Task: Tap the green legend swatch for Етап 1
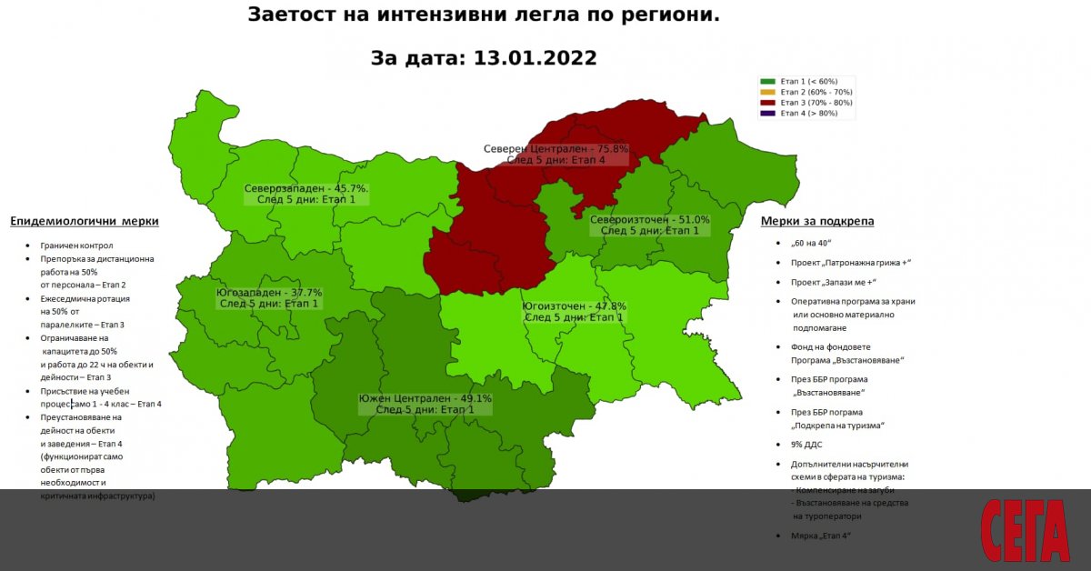click(x=768, y=82)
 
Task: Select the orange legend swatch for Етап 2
click(x=768, y=92)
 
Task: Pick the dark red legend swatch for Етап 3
click(x=768, y=103)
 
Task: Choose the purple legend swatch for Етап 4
click(x=768, y=113)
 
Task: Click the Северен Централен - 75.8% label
click(x=556, y=148)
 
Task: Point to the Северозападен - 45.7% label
click(x=305, y=189)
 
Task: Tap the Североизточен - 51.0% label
click(x=649, y=220)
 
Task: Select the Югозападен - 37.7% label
click(x=269, y=293)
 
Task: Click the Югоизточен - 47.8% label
click(x=574, y=306)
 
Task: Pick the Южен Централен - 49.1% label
click(x=425, y=398)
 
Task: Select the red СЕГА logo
click(x=1025, y=531)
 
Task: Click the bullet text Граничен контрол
click(x=76, y=245)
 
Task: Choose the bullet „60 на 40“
click(x=812, y=243)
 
